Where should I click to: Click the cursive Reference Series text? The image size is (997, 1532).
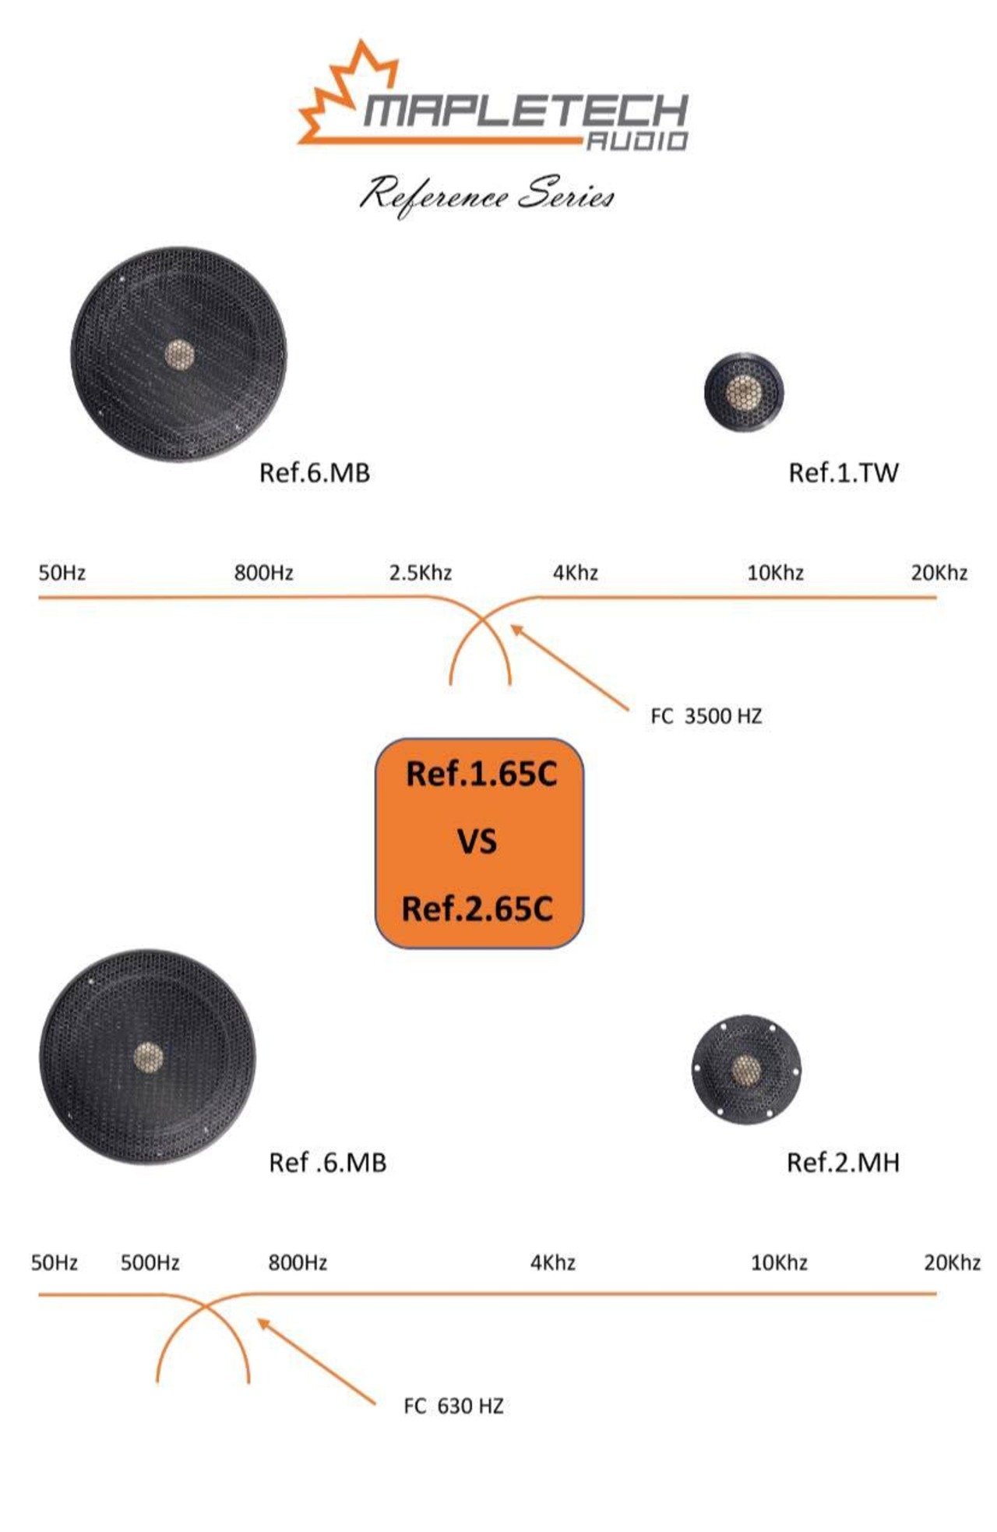pos(487,195)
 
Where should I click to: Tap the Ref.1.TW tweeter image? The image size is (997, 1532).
pos(743,391)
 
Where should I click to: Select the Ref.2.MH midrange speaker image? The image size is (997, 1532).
pos(745,1068)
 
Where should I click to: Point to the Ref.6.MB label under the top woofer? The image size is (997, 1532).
pos(314,472)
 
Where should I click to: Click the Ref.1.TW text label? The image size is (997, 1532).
pos(843,472)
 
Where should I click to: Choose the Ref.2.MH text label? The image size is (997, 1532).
pos(843,1162)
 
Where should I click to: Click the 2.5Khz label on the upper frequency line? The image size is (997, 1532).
pos(421,573)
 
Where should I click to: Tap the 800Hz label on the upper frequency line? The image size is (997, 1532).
pos(263,573)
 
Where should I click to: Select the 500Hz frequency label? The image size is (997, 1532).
pos(150,1262)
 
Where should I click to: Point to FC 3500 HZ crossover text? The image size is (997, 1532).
pos(706,716)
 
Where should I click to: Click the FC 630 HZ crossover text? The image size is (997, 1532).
pos(453,1406)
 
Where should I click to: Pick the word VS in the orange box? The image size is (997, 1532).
pos(477,842)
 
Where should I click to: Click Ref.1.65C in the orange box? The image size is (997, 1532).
pos(481,774)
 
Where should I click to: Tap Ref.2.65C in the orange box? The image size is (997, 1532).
pos(477,909)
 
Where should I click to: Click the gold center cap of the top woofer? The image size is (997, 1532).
pos(179,355)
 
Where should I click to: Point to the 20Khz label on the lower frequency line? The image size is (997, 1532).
pos(952,1262)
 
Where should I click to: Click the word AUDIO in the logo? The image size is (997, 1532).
pos(636,140)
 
